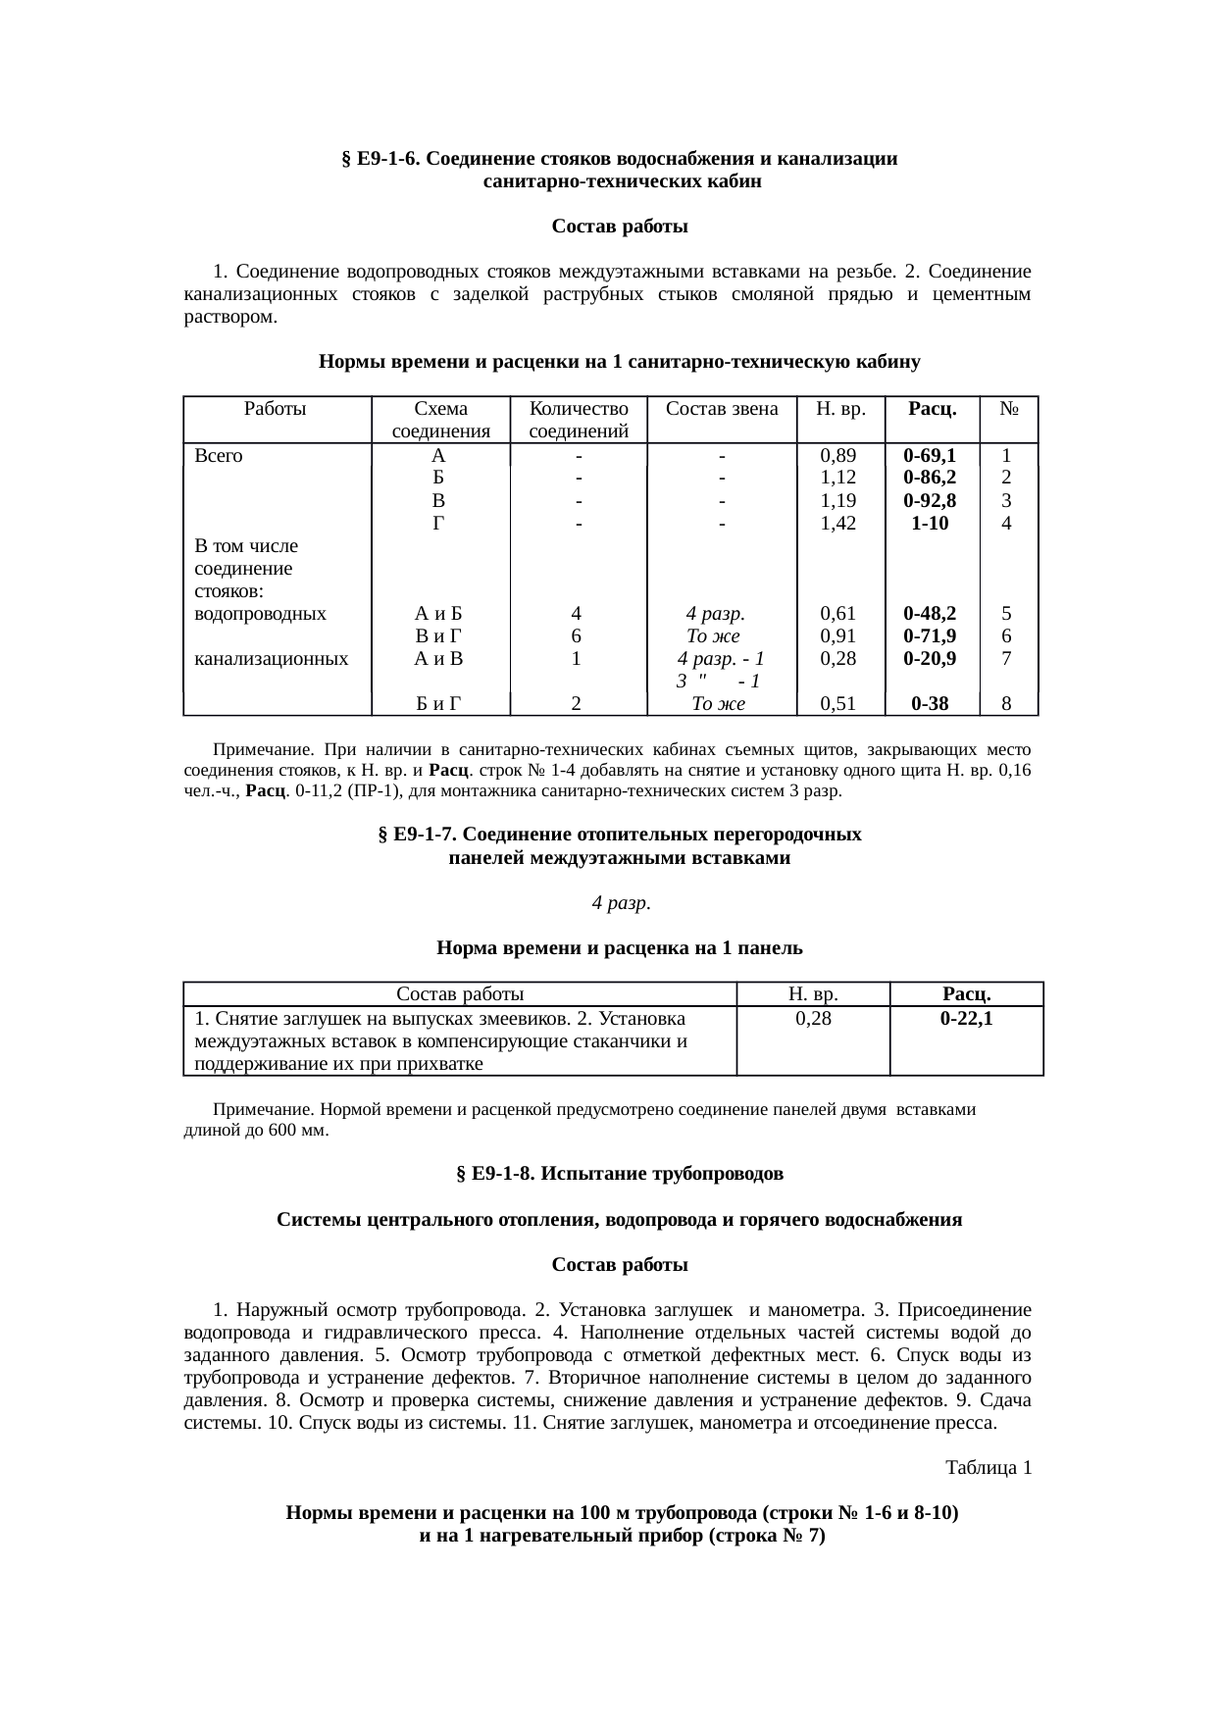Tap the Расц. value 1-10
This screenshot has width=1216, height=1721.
pos(929,524)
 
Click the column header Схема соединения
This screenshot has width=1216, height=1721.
pos(440,420)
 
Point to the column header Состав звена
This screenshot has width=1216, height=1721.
pos(722,409)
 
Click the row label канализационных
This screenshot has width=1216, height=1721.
pos(272,659)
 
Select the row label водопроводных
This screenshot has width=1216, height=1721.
pos(261,615)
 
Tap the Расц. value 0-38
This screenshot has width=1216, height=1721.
pos(929,703)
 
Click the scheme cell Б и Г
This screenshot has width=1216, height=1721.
pos(438,703)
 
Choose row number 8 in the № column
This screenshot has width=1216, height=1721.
pos(1006,703)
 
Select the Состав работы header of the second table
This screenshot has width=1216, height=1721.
pos(459,995)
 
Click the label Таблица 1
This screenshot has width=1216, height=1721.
pos(988,1469)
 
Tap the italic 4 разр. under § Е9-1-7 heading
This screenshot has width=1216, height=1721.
pos(621,903)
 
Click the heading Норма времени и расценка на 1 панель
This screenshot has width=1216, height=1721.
pos(619,949)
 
